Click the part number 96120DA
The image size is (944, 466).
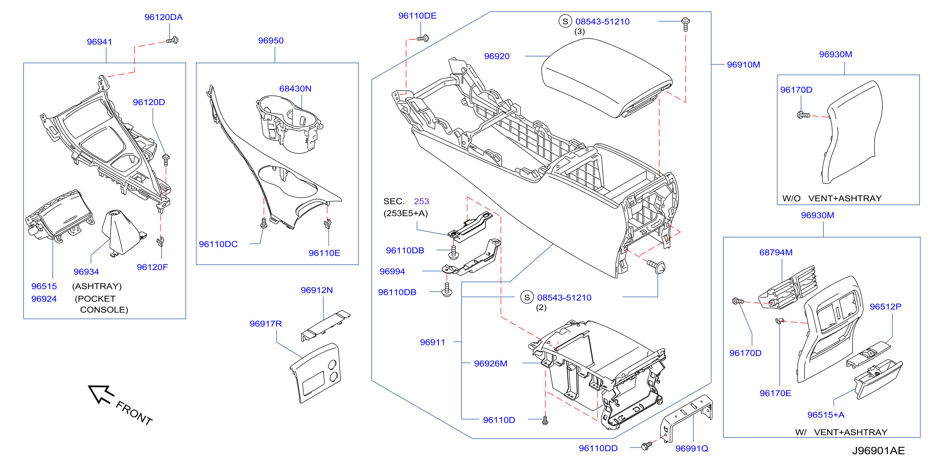click(163, 17)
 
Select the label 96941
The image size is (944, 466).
click(99, 42)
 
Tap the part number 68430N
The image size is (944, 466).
click(295, 89)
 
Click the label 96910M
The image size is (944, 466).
click(743, 65)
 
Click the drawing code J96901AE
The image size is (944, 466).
click(878, 451)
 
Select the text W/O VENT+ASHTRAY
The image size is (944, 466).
click(831, 198)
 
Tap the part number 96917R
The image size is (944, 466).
click(266, 324)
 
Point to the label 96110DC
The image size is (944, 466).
click(218, 244)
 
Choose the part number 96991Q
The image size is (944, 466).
click(692, 448)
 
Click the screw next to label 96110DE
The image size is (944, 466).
click(423, 38)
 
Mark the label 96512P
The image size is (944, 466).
click(885, 307)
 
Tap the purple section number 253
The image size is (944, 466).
click(421, 201)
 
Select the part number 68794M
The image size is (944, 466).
click(776, 252)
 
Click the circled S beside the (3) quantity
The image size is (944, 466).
click(565, 21)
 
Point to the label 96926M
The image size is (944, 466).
click(490, 364)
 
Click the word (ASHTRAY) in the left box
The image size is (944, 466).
click(97, 286)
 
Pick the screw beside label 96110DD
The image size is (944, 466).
click(646, 446)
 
